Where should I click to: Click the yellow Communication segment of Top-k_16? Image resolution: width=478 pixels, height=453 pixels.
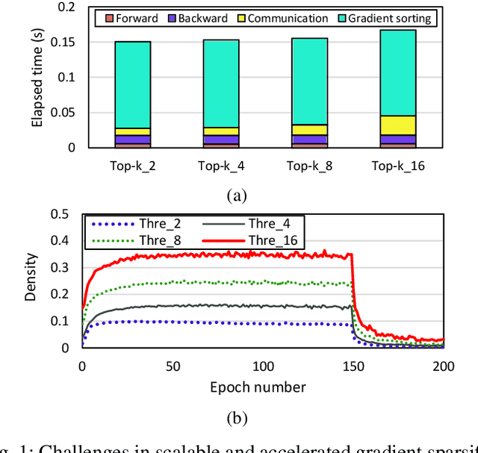pyautogui.click(x=397, y=125)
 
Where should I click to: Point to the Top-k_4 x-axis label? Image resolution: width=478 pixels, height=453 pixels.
pyautogui.click(x=221, y=166)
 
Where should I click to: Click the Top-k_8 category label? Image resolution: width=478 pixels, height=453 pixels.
pyautogui.click(x=309, y=166)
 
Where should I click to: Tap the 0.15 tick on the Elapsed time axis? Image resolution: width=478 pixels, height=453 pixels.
pyautogui.click(x=66, y=42)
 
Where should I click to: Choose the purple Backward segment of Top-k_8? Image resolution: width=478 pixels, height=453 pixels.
pyautogui.click(x=309, y=140)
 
